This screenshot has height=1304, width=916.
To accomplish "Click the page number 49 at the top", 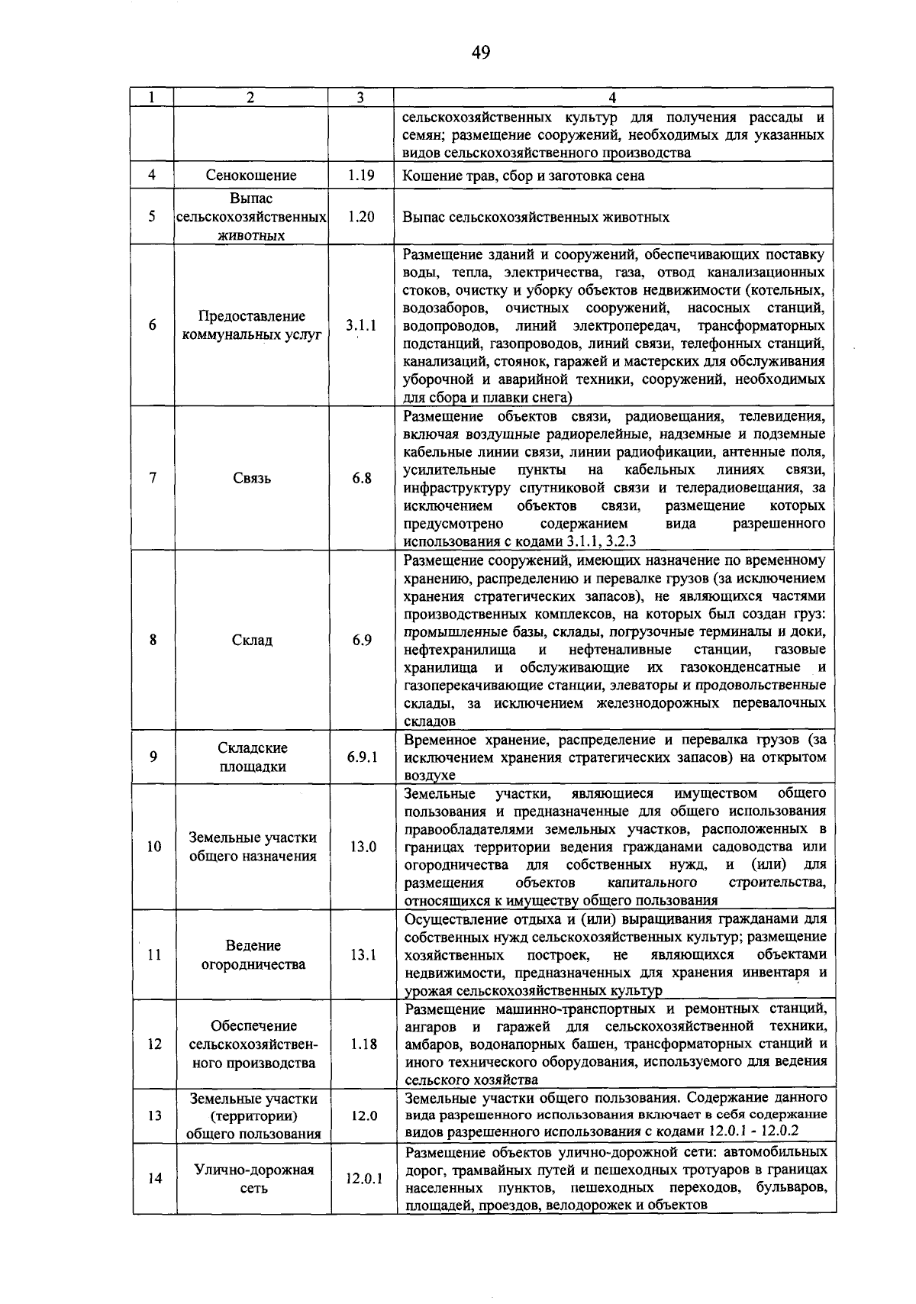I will pyautogui.click(x=480, y=52).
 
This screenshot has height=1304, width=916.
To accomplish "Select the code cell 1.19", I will pyautogui.click(x=360, y=176).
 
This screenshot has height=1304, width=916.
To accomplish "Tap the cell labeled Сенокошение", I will pyautogui.click(x=251, y=176).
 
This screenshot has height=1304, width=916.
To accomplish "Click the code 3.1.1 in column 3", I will pyautogui.click(x=360, y=325).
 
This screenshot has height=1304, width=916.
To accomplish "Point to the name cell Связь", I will pyautogui.click(x=251, y=479).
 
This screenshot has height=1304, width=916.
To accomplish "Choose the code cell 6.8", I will pyautogui.click(x=362, y=479).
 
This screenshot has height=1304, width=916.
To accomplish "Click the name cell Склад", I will pyautogui.click(x=251, y=640).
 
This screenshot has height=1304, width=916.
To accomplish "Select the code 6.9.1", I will pyautogui.click(x=362, y=757).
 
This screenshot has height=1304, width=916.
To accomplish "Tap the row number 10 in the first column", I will pyautogui.click(x=153, y=847).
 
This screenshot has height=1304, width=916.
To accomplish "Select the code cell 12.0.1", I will pyautogui.click(x=363, y=1179).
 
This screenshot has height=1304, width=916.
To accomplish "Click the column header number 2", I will pyautogui.click(x=250, y=97).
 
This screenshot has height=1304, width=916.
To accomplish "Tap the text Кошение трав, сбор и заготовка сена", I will pyautogui.click(x=524, y=176).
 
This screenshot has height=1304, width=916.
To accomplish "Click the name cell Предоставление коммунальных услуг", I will pyautogui.click(x=251, y=325).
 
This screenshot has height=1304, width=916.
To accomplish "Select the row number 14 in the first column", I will pyautogui.click(x=154, y=1179).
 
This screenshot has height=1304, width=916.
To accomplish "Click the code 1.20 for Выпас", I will pyautogui.click(x=360, y=217).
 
